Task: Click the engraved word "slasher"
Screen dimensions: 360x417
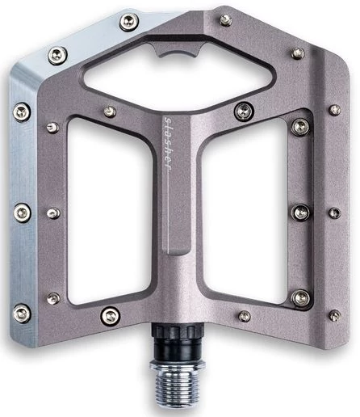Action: click(x=168, y=144)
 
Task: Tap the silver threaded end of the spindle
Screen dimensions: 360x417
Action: click(x=177, y=385)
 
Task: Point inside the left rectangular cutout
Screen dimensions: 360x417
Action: click(x=109, y=210)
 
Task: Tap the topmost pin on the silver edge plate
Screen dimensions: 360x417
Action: click(x=129, y=22)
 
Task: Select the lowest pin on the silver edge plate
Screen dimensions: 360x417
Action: click(x=22, y=314)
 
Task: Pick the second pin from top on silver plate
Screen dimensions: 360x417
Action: click(x=57, y=56)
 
